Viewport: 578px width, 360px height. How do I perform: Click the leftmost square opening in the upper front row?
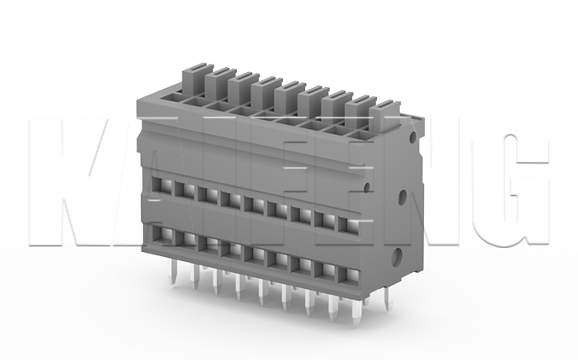159,182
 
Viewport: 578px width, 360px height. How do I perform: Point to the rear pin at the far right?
387,297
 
